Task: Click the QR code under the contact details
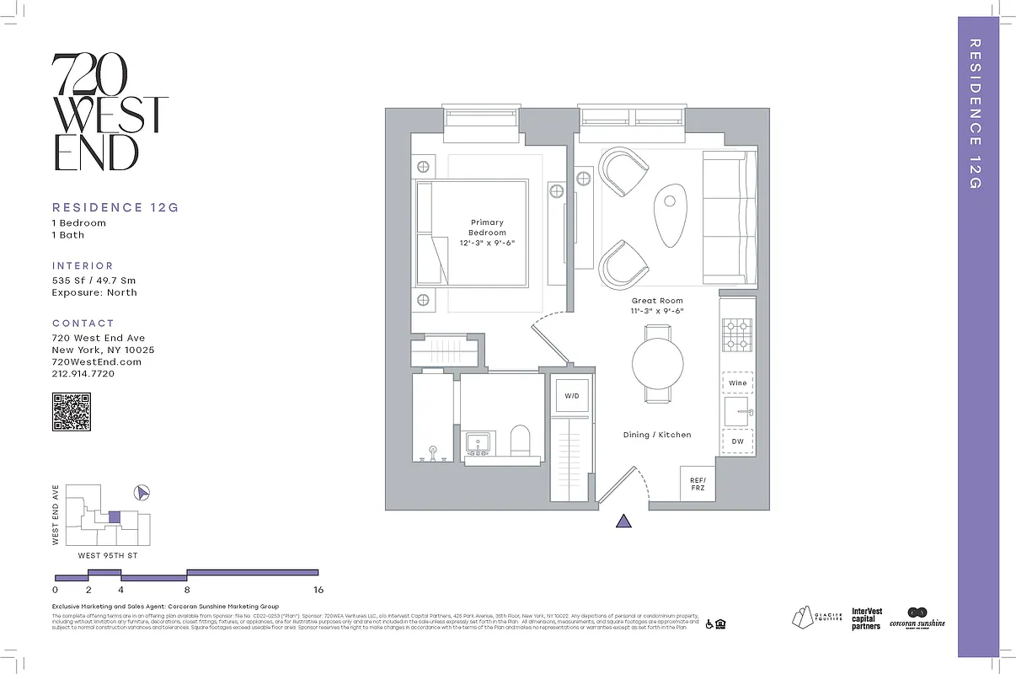pos(72,412)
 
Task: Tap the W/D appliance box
pos(571,395)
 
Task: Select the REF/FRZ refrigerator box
pos(698,484)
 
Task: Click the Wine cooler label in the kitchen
pos(738,383)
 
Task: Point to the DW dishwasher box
pos(738,441)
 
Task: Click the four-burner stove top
pos(738,335)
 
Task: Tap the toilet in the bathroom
pos(521,441)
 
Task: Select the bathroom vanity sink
pos(479,444)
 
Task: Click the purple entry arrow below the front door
pos(623,521)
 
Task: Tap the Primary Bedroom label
pos(488,227)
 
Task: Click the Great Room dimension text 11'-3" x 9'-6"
pos(657,311)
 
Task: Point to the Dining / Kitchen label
pos(657,435)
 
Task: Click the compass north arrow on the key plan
pos(142,492)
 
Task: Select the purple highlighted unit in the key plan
pos(115,517)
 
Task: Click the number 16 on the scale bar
pos(318,590)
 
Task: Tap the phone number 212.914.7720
pos(83,374)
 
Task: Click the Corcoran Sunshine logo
pos(917,618)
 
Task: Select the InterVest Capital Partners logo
pos(866,619)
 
